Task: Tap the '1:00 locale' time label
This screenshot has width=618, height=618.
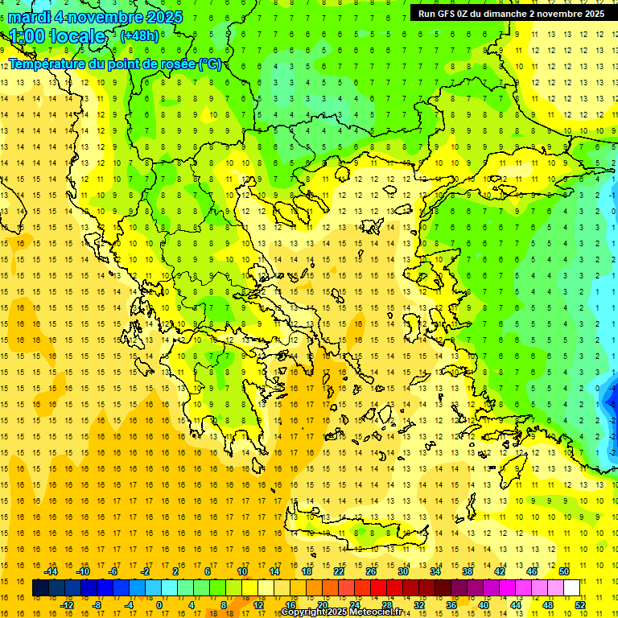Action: (57, 36)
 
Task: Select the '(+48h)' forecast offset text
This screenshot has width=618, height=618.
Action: (139, 36)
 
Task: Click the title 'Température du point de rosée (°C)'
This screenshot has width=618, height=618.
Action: (115, 64)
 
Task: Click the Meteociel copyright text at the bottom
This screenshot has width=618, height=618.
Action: (341, 612)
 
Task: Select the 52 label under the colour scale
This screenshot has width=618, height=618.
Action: (579, 605)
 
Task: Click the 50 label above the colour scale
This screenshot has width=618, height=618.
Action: (563, 571)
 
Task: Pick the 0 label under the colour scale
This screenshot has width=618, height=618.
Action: (159, 605)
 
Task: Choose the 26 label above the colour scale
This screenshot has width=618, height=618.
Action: (371, 571)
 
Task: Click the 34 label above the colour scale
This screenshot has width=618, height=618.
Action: (435, 571)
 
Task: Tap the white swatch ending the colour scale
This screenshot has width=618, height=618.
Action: (571, 588)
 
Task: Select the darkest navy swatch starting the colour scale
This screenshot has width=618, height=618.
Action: (41, 588)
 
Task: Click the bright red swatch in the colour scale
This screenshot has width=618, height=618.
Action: (379, 588)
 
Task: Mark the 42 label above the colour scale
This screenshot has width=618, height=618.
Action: (499, 571)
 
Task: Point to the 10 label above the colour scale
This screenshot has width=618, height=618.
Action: (242, 571)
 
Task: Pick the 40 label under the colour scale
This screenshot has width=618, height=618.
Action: (483, 605)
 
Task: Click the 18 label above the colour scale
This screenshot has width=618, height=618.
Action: (307, 571)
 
